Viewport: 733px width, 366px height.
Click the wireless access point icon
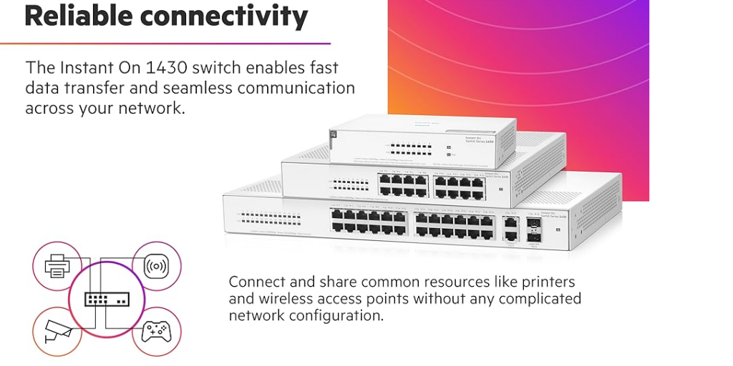[157, 267]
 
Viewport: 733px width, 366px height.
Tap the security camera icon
[57, 330]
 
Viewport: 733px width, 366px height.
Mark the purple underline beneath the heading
[165, 44]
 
